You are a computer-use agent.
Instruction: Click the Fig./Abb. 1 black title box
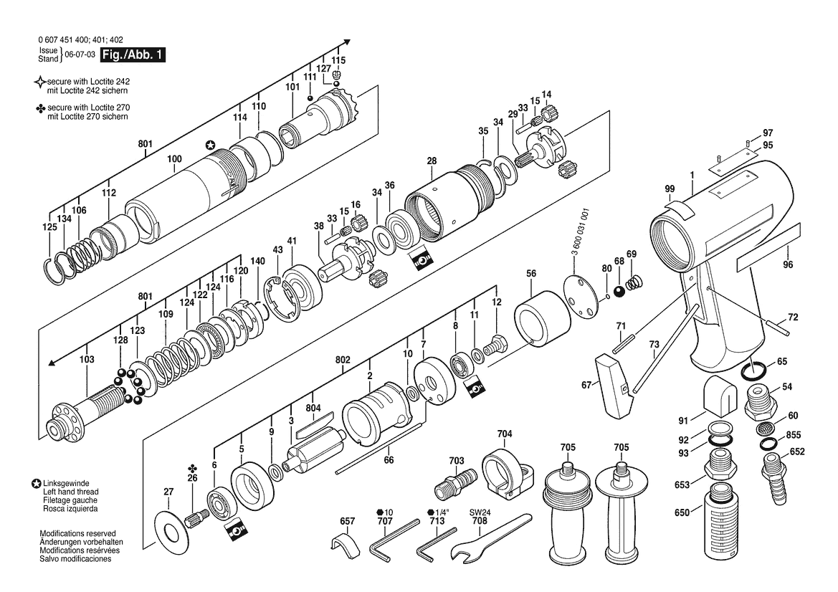click(x=133, y=54)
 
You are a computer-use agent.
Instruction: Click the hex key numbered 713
click(x=437, y=544)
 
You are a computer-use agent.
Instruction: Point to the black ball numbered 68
click(x=619, y=292)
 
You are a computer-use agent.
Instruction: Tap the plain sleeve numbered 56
click(x=543, y=318)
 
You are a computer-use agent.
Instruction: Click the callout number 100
click(x=174, y=158)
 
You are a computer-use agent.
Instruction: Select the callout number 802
click(x=343, y=360)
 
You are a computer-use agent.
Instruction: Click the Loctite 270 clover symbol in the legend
click(x=40, y=108)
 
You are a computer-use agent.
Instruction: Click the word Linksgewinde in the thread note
click(x=66, y=483)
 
